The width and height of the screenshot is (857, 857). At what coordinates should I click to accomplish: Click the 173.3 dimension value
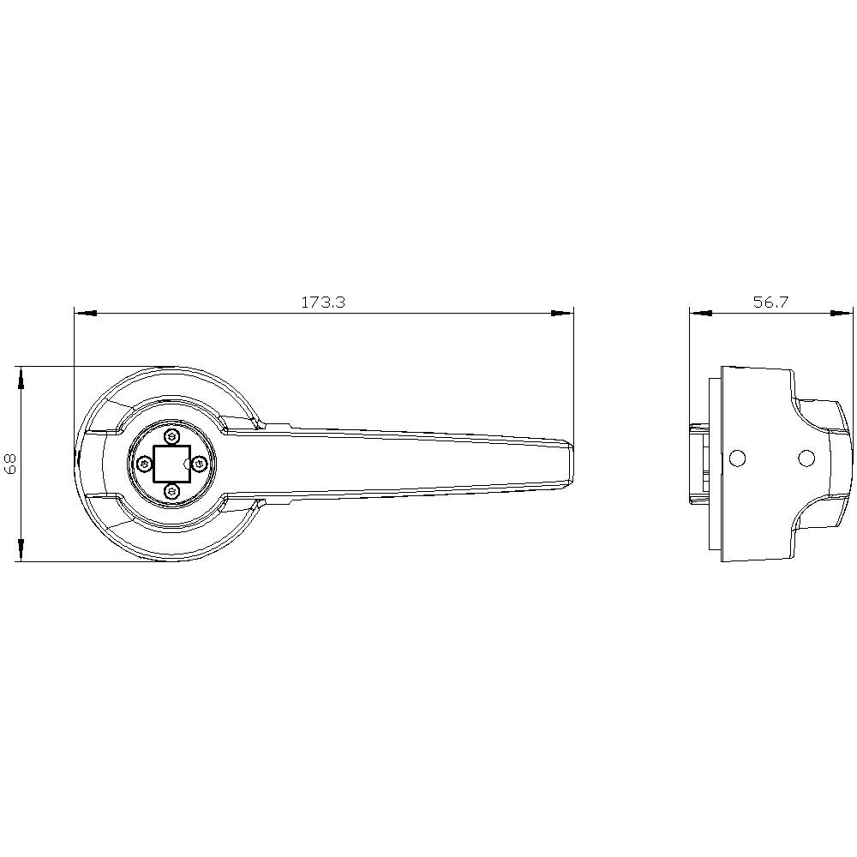point(322,303)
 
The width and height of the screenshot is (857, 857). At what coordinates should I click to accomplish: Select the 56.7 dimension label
point(770,303)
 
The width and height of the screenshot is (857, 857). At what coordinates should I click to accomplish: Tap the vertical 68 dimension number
point(11,464)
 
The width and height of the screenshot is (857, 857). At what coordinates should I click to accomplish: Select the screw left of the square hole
point(144,464)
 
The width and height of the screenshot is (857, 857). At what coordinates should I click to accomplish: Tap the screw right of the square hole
point(199,464)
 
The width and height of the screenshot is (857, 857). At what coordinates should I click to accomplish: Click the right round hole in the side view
point(806,458)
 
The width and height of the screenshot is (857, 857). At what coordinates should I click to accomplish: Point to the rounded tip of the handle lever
point(569,464)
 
